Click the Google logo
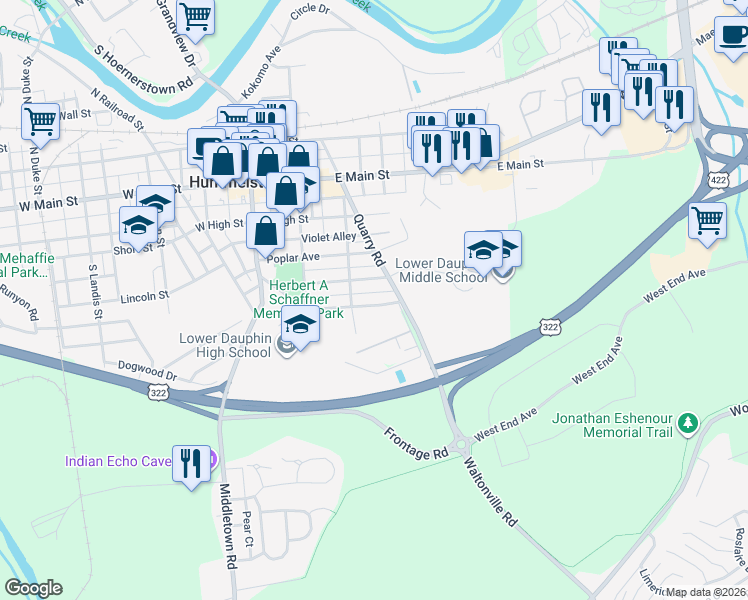pyautogui.click(x=34, y=588)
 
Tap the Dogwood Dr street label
pyautogui.click(x=147, y=371)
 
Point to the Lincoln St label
pyautogui.click(x=145, y=297)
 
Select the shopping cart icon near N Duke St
pyautogui.click(x=41, y=122)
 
